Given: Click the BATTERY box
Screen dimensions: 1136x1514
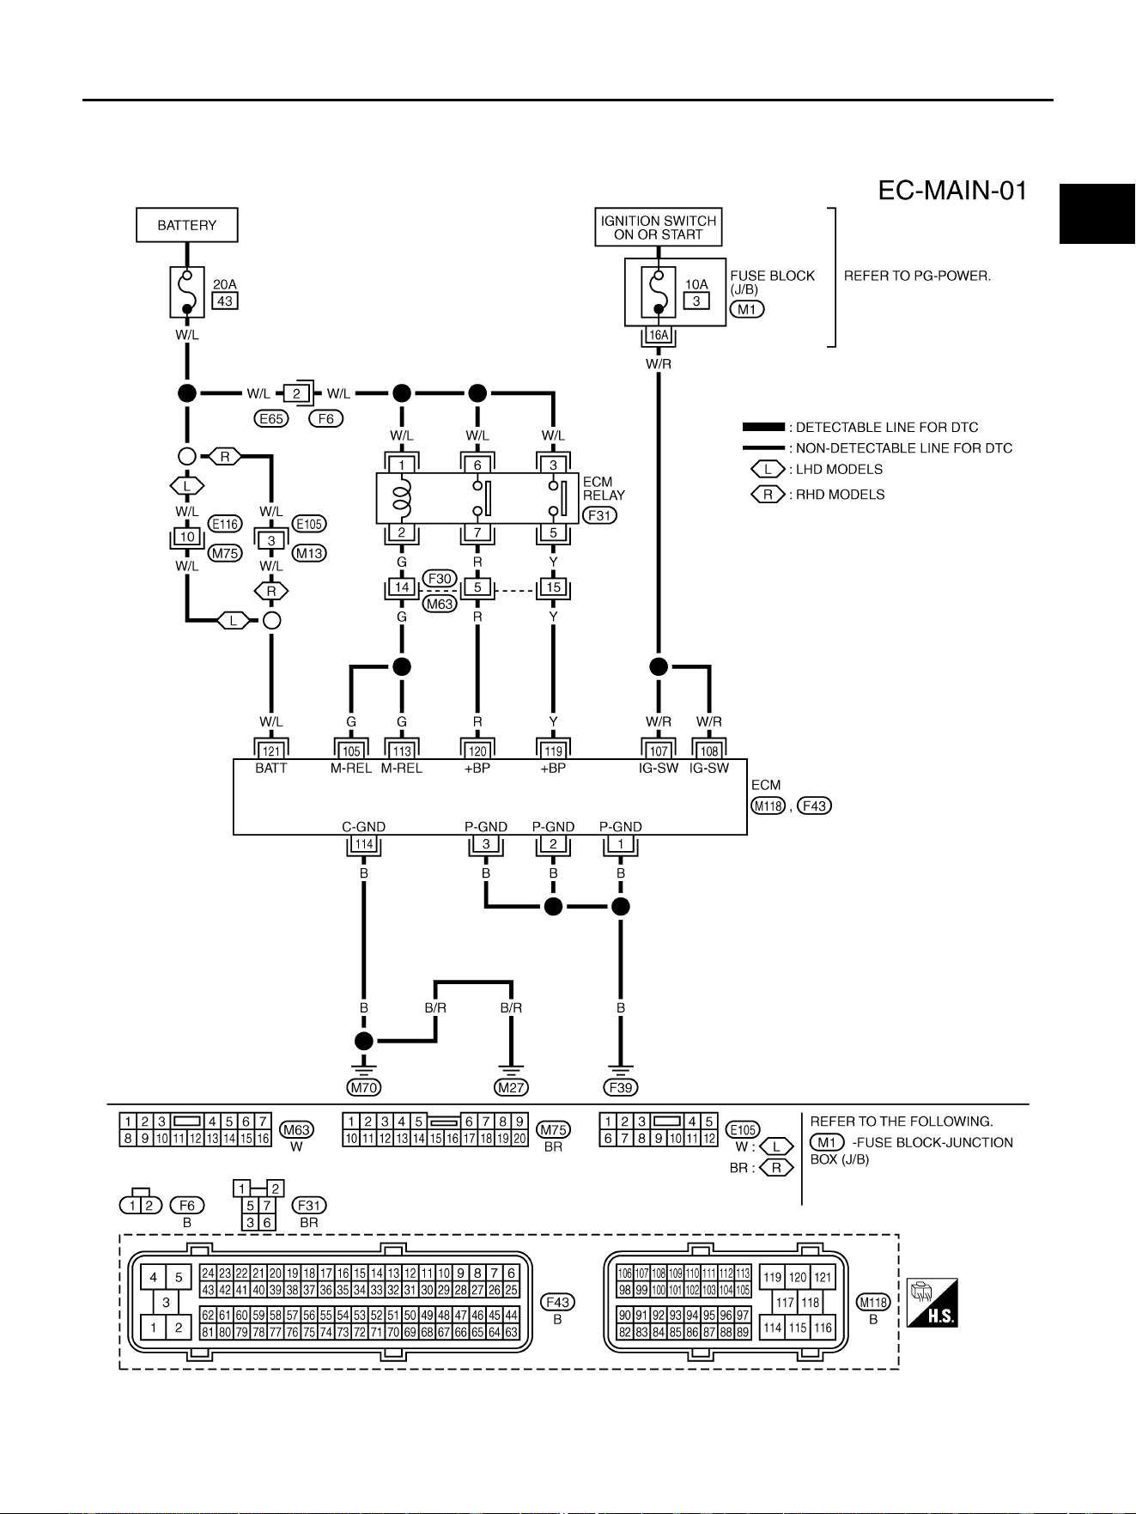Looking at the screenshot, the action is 187,225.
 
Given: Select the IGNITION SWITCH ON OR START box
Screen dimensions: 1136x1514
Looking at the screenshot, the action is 659,228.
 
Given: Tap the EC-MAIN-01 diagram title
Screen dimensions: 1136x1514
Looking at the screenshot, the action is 952,190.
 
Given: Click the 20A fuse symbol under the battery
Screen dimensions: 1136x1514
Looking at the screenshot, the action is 187,291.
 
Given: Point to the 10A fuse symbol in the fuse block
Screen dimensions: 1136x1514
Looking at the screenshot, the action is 659,292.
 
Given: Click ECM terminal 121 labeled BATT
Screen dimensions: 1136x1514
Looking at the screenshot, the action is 271,751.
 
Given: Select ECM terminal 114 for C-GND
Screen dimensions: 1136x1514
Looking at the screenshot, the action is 364,844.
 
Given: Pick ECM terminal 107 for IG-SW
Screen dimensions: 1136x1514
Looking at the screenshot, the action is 659,751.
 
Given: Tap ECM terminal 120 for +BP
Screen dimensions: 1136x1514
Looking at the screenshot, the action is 477,751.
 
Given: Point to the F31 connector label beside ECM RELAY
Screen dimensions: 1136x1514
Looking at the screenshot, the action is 600,515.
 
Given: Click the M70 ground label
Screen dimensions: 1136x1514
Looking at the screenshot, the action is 364,1087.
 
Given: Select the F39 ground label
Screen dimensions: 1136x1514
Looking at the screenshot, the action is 621,1087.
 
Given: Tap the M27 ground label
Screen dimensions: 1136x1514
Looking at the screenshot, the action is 511,1087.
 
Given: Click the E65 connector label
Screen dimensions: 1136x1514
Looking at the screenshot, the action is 271,418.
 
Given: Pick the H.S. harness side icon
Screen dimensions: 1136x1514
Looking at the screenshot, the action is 932,1303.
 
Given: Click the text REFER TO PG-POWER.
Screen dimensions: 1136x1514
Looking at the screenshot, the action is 918,276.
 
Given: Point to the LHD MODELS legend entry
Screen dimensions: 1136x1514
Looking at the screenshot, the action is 817,470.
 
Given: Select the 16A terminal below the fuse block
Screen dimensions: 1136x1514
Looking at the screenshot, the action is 659,336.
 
